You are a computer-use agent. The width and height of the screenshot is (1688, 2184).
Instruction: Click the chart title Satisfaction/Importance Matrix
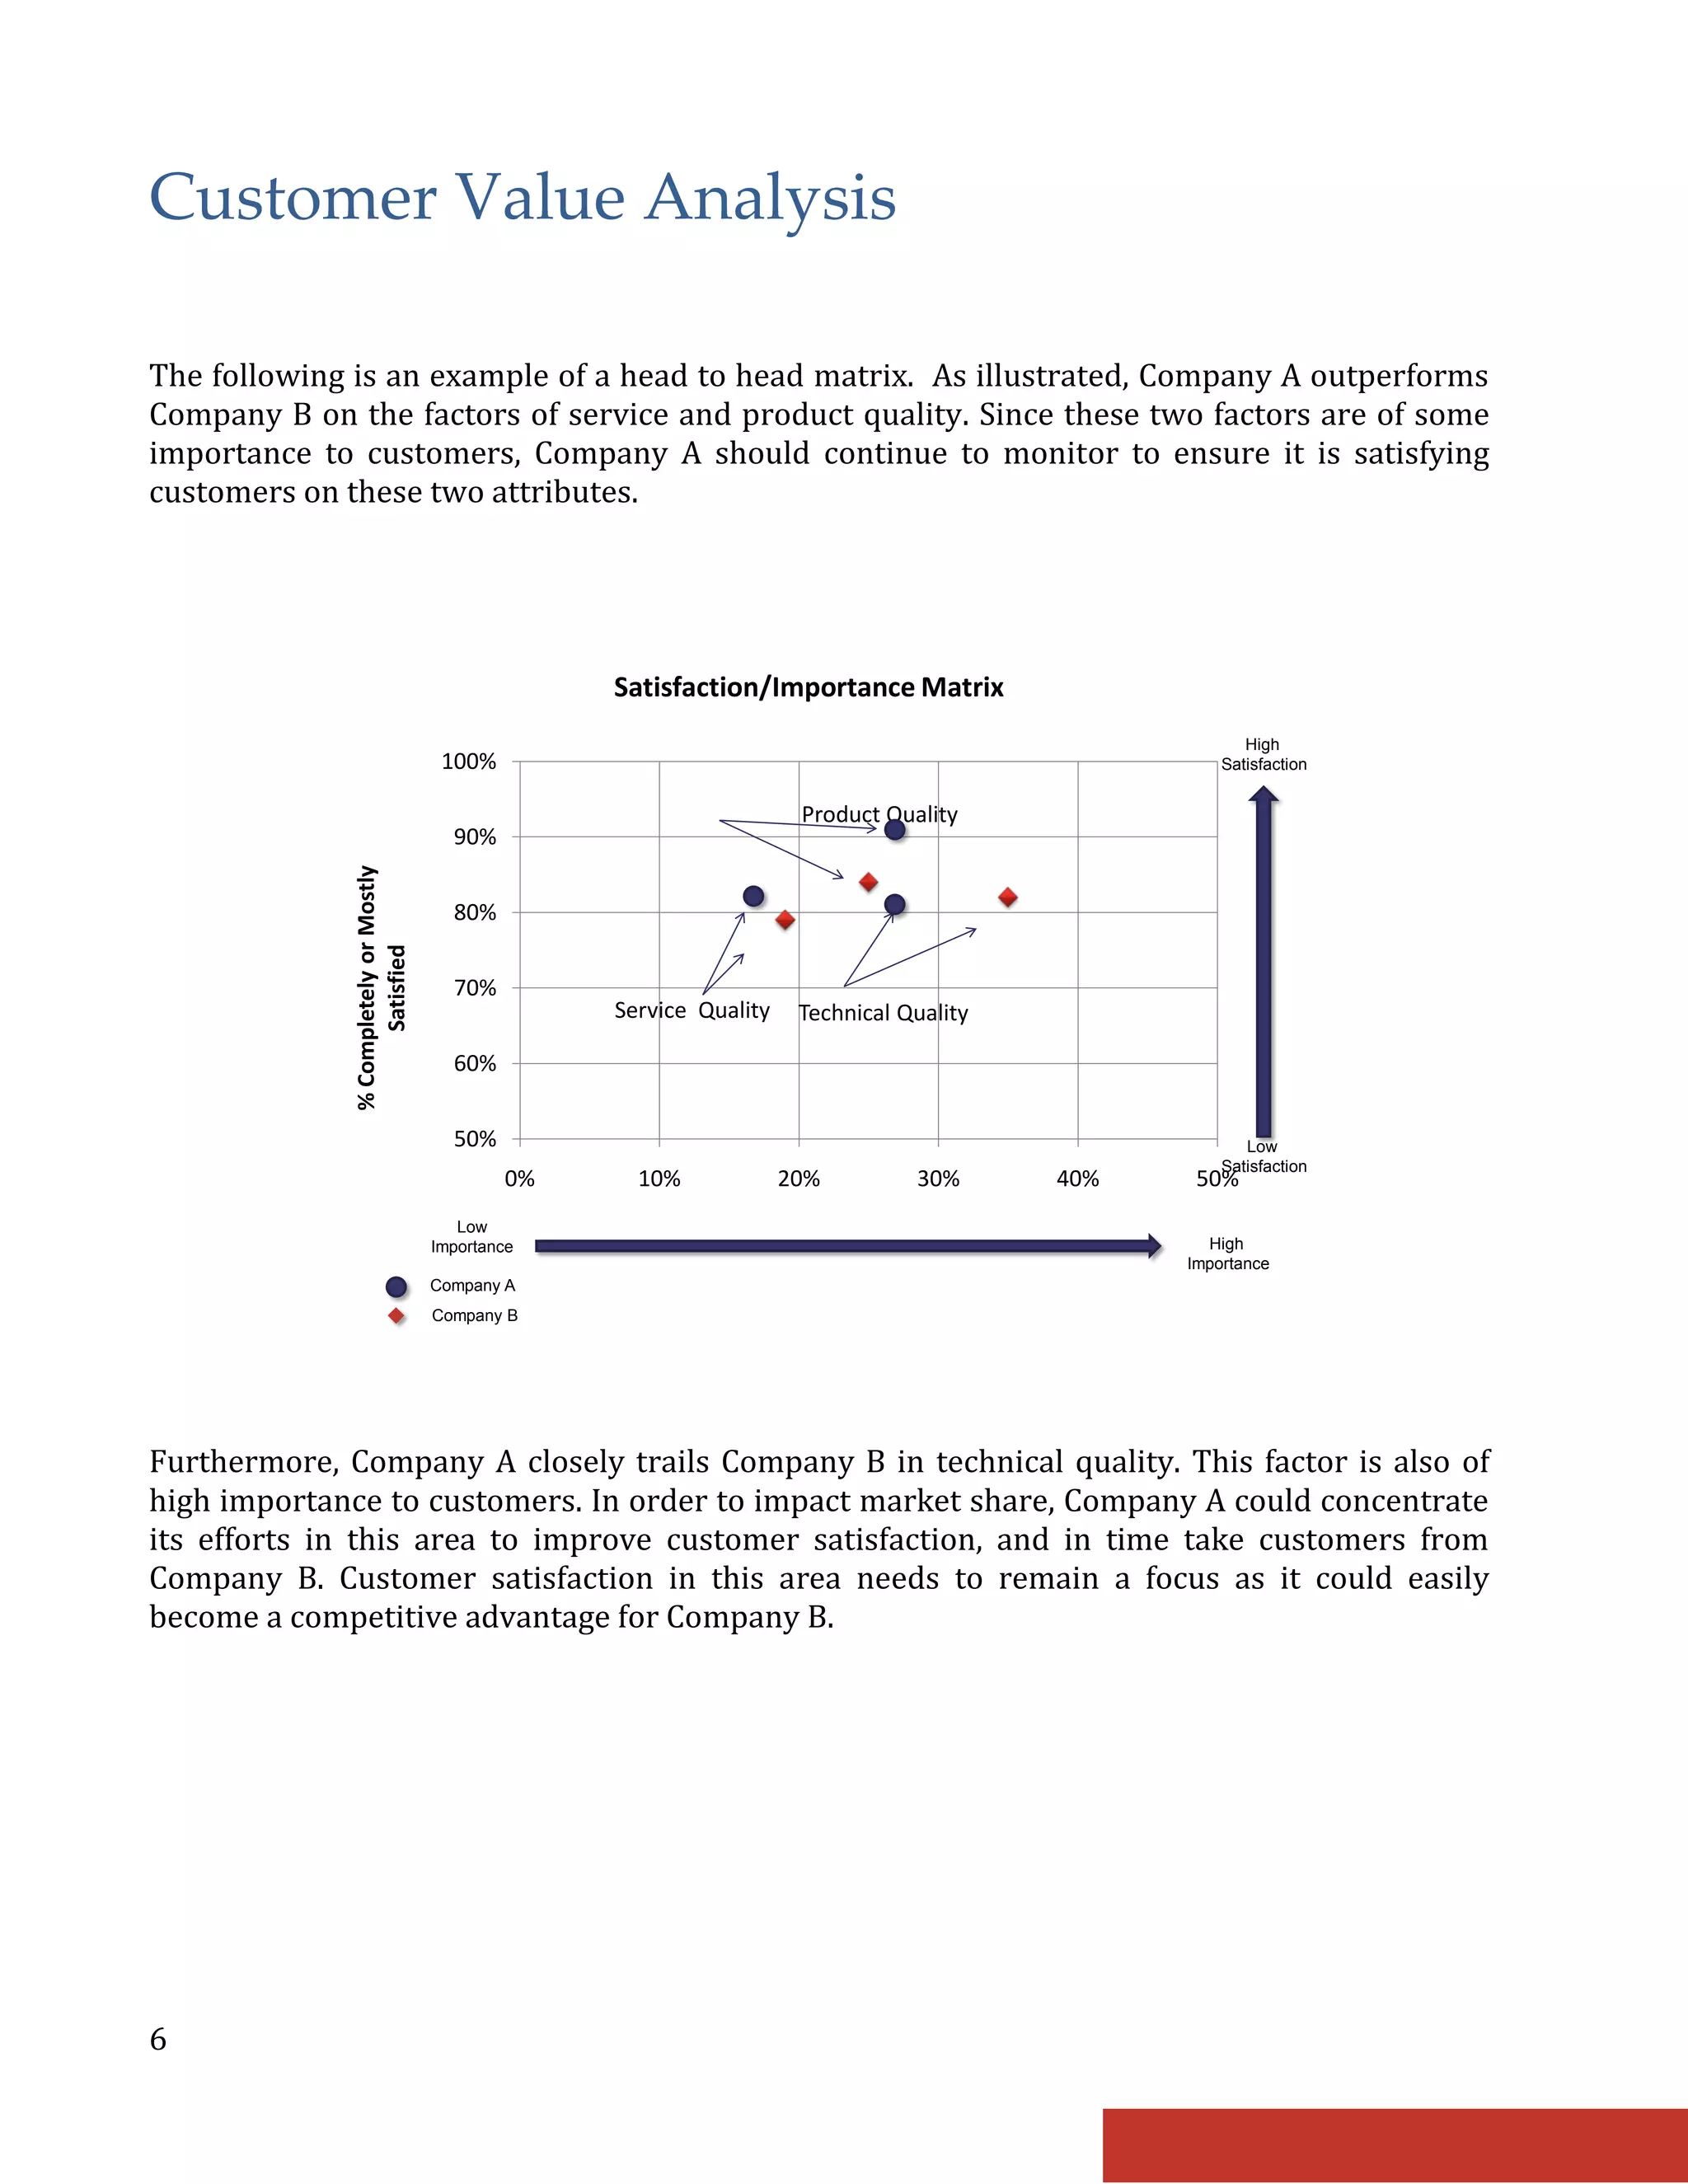(808, 688)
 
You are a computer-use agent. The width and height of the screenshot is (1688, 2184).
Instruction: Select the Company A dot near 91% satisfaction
(895, 829)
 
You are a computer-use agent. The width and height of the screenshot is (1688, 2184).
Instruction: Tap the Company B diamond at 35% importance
(1008, 897)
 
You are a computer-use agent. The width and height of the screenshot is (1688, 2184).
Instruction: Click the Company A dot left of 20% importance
(754, 896)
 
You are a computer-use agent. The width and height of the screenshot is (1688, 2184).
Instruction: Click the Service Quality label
(692, 1010)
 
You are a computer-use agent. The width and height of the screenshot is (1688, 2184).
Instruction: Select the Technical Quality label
(883, 1013)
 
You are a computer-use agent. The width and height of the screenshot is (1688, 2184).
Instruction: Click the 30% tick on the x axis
(938, 1179)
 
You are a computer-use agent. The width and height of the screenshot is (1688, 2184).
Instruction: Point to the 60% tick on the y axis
(475, 1063)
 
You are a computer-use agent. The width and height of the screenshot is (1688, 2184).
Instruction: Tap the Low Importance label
(472, 1237)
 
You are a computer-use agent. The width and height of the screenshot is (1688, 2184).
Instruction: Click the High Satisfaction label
(1263, 755)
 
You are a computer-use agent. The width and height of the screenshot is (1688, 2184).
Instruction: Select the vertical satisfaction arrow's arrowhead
(1264, 795)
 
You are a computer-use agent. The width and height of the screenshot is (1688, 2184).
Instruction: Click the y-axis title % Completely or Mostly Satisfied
(381, 987)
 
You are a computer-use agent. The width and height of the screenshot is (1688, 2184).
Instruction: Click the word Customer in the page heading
(293, 197)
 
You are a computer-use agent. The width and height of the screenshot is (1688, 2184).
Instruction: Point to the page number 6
(158, 2039)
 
